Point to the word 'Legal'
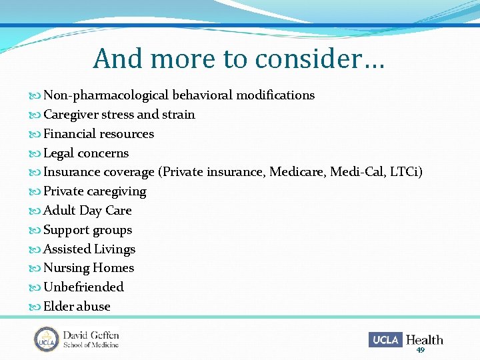point(59,153)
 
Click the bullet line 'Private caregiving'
point(95,191)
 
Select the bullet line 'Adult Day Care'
point(87,211)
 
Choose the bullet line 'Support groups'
point(87,230)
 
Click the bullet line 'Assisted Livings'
point(89,249)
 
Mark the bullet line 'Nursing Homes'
point(89,268)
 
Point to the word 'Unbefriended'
point(83,287)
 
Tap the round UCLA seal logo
point(47,339)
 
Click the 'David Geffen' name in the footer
point(91,335)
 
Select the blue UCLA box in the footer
point(385,340)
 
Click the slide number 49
point(420,350)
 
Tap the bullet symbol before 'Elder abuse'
point(35,307)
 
